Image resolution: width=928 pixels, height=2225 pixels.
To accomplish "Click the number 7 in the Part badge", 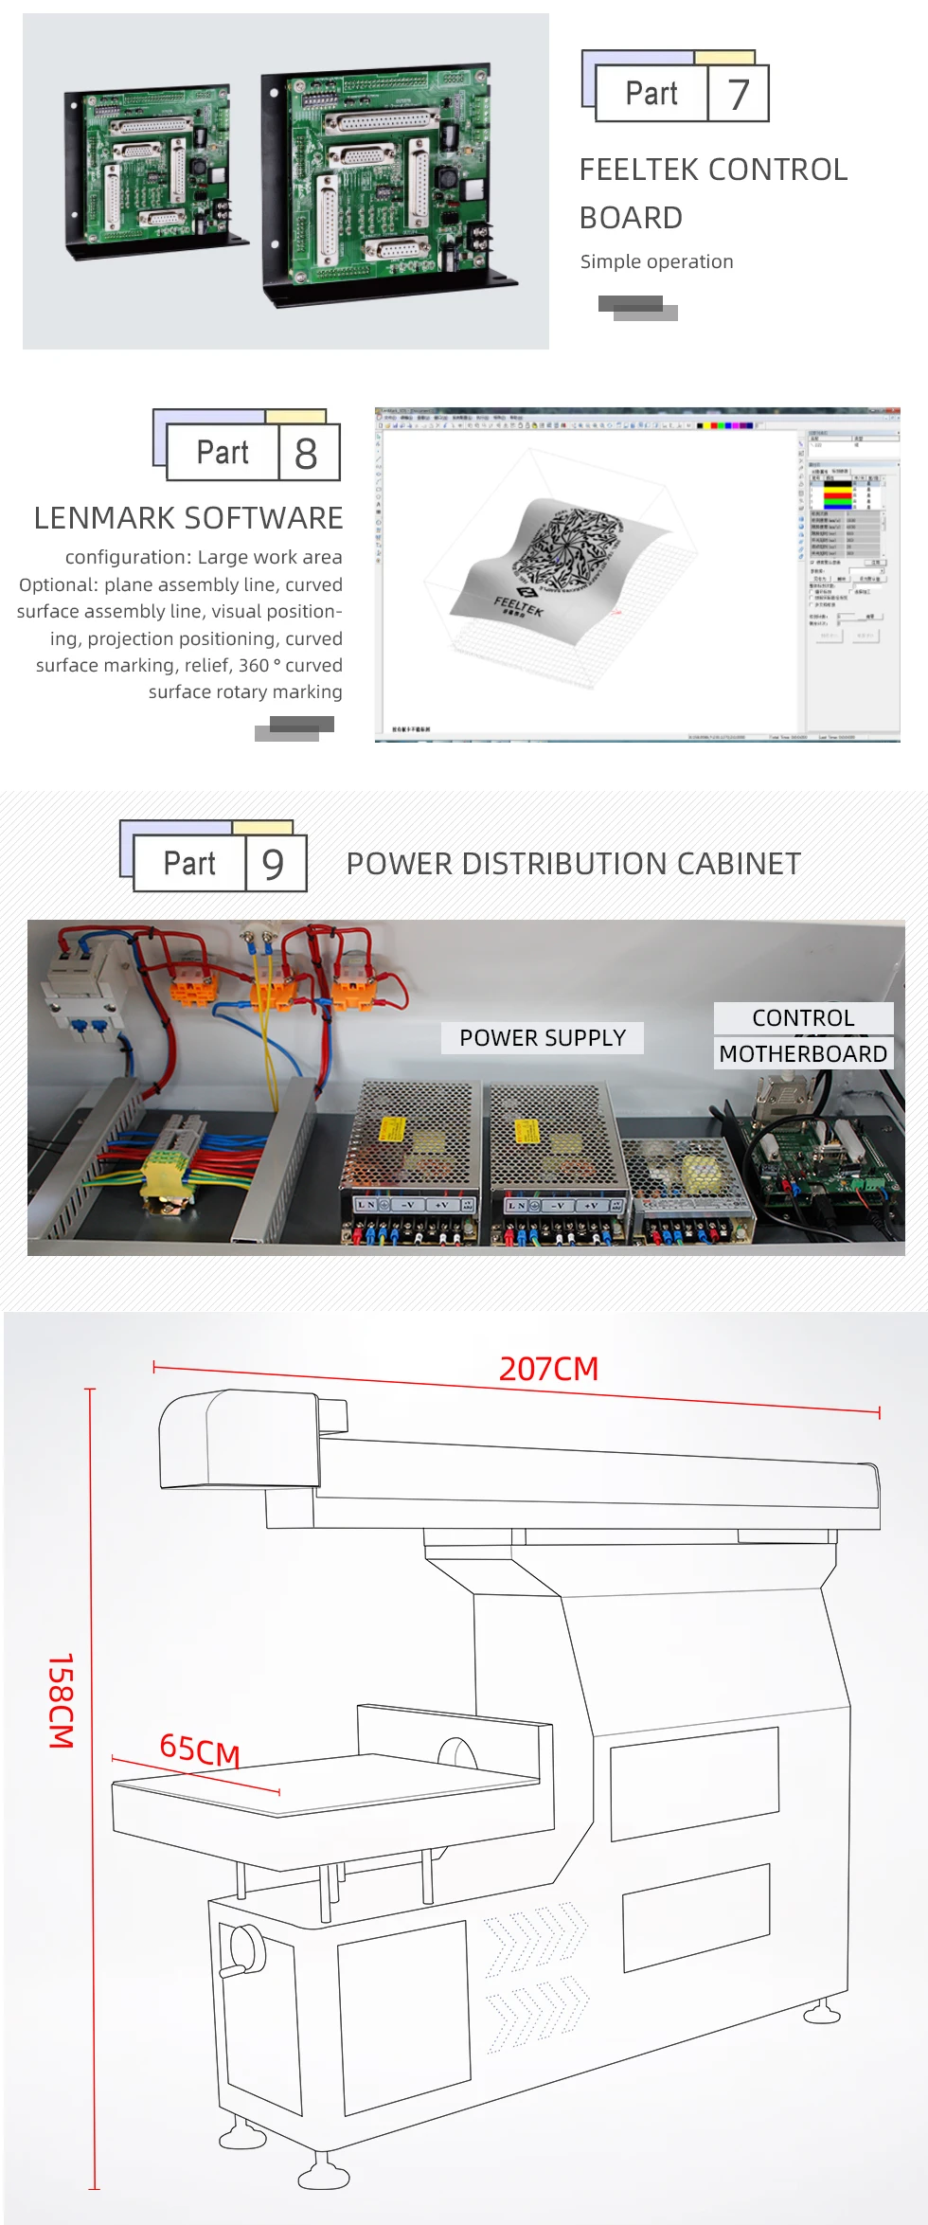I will [739, 94].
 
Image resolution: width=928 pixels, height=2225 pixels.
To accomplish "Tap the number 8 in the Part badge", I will [306, 454].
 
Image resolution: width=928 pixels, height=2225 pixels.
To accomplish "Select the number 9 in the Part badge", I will [273, 864].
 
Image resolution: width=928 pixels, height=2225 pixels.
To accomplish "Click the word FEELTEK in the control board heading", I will [641, 170].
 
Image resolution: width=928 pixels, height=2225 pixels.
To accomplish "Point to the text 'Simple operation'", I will [656, 261].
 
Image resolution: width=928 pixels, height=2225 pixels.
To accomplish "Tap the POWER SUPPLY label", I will [543, 1038].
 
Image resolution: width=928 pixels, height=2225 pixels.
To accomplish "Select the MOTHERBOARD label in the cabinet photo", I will [803, 1054].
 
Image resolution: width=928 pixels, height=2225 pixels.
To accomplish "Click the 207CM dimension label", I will [548, 1369].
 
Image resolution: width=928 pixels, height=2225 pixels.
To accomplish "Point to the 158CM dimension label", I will [62, 1700].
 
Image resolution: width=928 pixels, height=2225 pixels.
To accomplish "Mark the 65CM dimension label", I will [200, 1749].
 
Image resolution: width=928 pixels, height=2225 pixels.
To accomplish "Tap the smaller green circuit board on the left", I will [152, 170].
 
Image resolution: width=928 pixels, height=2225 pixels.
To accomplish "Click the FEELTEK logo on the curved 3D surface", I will [519, 604].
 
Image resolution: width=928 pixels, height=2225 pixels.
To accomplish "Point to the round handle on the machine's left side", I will [241, 1951].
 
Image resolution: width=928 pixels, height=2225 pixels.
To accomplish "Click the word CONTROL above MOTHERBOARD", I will [803, 1018].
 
